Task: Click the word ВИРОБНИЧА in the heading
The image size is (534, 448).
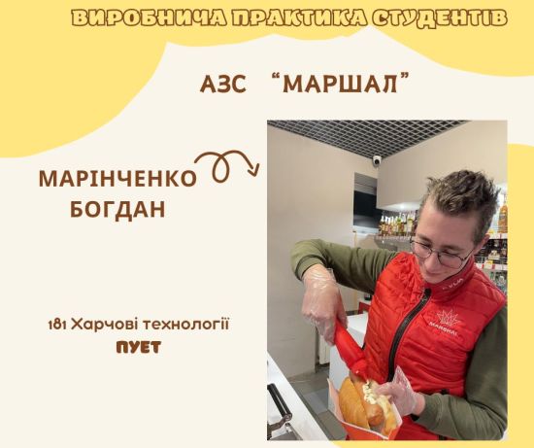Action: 150,18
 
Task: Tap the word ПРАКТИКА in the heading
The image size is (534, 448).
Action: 299,18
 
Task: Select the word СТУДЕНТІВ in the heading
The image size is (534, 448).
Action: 439,18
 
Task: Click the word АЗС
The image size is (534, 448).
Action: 222,85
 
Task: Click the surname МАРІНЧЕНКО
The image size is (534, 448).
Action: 118,178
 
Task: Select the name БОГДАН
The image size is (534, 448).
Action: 117,209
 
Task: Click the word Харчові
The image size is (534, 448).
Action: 104,325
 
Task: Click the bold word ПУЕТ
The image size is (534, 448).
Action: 139,348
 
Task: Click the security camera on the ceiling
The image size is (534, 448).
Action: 377,160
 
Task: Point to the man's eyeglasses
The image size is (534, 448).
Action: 442,252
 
